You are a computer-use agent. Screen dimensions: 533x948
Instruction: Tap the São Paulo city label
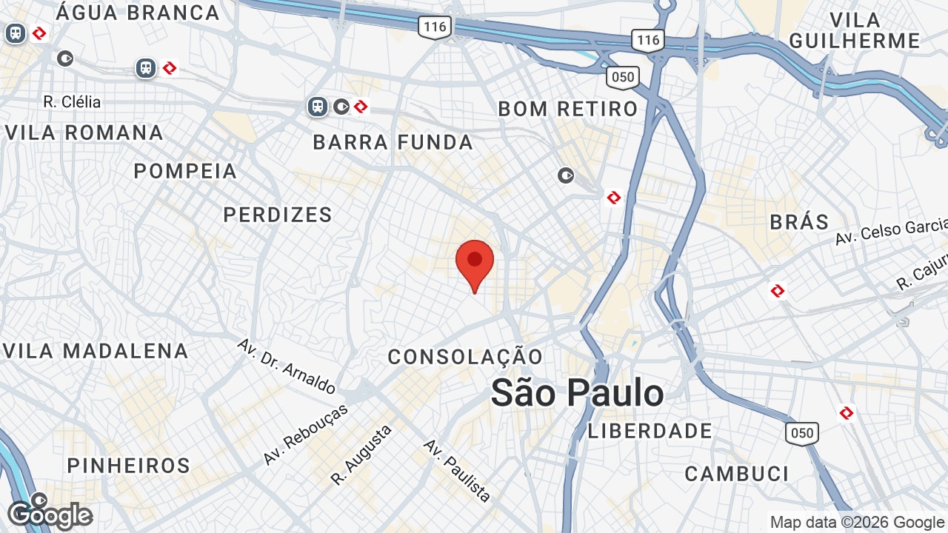577,392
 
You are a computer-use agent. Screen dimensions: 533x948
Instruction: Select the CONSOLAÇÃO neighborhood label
466,357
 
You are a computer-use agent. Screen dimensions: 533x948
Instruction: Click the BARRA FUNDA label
393,143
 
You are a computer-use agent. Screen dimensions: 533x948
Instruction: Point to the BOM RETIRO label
567,110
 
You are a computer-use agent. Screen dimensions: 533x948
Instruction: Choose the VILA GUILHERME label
854,30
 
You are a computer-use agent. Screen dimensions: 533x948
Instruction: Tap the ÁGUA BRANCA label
138,13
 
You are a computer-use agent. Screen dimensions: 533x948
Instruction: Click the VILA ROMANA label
84,133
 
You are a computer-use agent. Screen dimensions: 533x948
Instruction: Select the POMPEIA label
185,172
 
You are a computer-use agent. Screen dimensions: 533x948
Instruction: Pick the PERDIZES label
278,215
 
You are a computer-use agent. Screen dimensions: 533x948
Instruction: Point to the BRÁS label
799,221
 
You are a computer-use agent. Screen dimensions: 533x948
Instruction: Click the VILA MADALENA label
96,351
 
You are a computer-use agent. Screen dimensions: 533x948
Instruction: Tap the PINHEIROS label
129,466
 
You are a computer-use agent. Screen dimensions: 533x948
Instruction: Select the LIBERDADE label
650,431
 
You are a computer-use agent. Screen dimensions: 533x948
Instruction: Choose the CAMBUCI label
736,474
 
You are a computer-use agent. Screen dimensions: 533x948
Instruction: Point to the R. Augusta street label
361,455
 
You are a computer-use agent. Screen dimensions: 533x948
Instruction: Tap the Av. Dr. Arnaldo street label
287,366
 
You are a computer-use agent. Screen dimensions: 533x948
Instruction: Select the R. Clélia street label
72,102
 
